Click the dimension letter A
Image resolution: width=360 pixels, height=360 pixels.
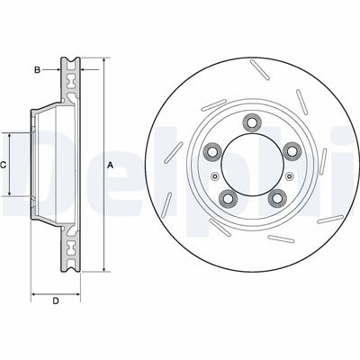click(110, 165)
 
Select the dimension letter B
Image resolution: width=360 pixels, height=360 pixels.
click(37, 67)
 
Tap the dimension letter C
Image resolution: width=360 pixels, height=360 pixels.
click(4, 165)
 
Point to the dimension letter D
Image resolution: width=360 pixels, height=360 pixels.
click(55, 301)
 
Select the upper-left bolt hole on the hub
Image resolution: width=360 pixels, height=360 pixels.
click(211, 149)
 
